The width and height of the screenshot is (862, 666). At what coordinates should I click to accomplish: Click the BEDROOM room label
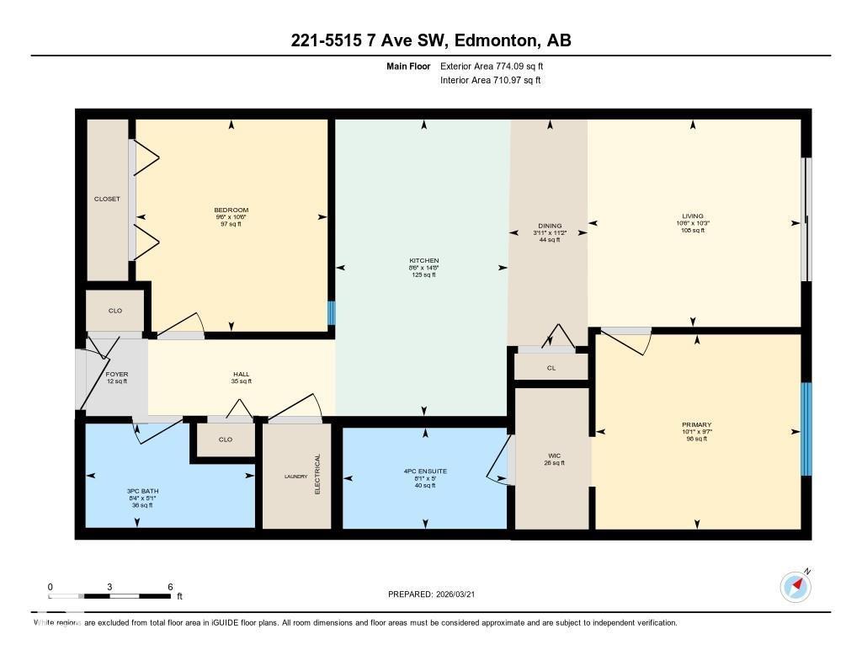tap(231, 210)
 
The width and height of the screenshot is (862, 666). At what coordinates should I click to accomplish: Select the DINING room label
tap(549, 226)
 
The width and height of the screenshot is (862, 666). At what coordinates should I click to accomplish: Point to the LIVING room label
tap(692, 216)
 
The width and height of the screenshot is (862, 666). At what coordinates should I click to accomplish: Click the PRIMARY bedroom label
tap(696, 425)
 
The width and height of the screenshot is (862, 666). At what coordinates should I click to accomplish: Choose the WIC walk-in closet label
tap(551, 456)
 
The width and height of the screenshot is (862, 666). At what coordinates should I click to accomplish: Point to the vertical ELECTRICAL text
tap(318, 474)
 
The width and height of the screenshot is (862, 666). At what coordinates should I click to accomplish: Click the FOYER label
tap(116, 374)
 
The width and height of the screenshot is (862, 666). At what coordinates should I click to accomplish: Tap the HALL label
tap(242, 375)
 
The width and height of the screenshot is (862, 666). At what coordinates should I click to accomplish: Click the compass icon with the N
tap(795, 586)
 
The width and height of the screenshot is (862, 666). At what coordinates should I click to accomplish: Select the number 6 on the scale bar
tap(170, 587)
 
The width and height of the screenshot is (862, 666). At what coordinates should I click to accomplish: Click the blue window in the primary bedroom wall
tap(806, 429)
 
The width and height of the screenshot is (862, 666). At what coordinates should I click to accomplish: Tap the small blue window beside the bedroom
tap(331, 313)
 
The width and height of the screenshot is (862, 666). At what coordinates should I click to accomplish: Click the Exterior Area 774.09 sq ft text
tap(498, 66)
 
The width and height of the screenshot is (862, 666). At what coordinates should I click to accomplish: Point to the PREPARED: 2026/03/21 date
tap(437, 594)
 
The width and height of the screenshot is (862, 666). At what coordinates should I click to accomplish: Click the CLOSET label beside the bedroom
tap(107, 200)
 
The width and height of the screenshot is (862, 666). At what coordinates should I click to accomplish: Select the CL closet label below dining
tap(551, 367)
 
